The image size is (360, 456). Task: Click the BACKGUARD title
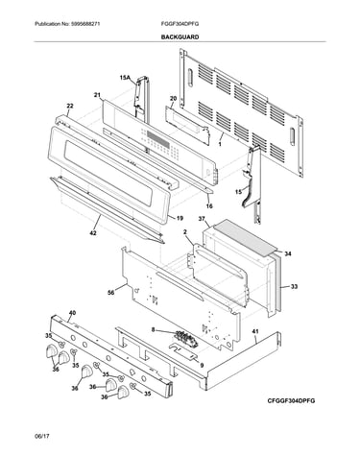click(x=180, y=37)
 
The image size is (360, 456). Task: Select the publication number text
click(x=67, y=24)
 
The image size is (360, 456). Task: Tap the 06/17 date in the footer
click(x=41, y=436)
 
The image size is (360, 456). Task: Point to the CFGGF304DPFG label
click(x=291, y=401)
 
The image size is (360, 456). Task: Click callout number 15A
click(x=125, y=78)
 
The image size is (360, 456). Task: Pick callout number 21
click(x=97, y=95)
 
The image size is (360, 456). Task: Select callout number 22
click(x=70, y=106)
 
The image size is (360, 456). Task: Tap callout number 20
click(x=173, y=99)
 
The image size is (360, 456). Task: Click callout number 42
click(x=93, y=233)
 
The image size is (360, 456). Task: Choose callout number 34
click(x=288, y=253)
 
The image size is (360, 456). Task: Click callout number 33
click(x=294, y=287)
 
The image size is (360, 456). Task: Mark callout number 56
click(x=111, y=292)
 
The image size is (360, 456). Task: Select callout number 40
click(x=73, y=313)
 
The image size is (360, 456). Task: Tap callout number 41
click(x=255, y=331)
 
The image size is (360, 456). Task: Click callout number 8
click(x=153, y=328)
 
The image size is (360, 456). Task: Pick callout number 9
click(x=202, y=365)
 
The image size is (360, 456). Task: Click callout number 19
click(x=180, y=218)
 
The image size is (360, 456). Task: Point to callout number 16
click(x=209, y=206)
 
